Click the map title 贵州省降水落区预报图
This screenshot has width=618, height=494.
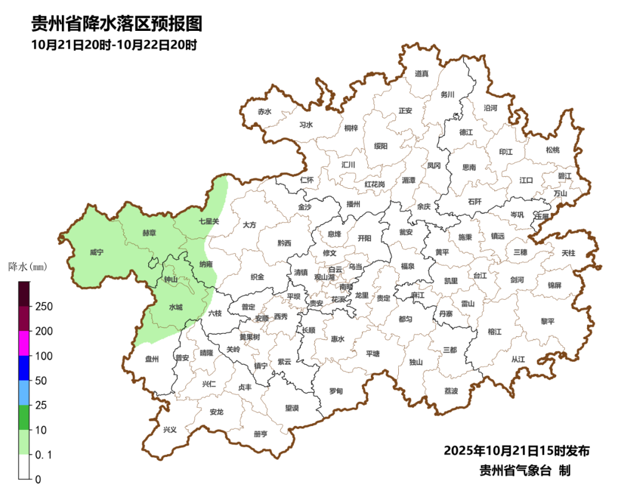click(117, 24)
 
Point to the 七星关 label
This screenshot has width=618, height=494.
click(209, 221)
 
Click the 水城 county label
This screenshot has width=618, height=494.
click(176, 308)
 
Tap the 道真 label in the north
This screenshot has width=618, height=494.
click(422, 73)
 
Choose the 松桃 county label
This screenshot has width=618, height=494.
click(552, 150)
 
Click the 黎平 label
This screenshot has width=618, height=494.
click(548, 321)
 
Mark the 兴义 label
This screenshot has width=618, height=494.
click(170, 430)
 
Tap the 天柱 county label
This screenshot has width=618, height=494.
click(568, 252)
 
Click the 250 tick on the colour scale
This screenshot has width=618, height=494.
click(44, 306)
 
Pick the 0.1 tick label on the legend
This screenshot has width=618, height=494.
click(45, 455)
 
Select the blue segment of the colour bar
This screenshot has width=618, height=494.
click(24, 368)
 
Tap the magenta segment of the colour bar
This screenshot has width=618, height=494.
click(24, 343)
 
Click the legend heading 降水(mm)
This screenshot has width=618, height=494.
click(27, 267)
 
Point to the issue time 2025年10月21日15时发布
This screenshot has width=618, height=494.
click(517, 451)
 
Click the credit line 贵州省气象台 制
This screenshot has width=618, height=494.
click(525, 471)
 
